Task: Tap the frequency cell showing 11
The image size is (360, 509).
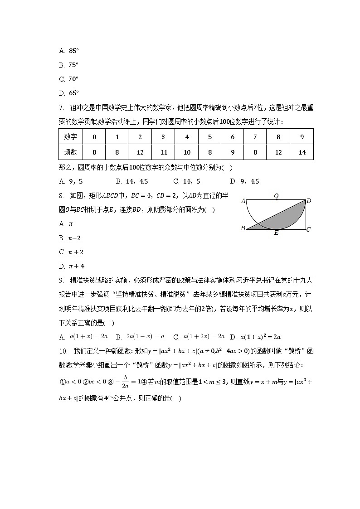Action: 163,152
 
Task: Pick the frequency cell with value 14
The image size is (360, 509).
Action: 302,152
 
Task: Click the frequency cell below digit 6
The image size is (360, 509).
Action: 233,152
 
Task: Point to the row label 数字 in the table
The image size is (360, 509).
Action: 70,137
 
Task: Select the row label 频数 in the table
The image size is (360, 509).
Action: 70,152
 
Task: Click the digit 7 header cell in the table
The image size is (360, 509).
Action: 255,137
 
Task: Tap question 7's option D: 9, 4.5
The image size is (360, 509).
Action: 245,181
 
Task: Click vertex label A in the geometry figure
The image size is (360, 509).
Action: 243,201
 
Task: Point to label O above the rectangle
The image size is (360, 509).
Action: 276,197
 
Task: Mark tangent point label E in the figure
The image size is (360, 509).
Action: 276,233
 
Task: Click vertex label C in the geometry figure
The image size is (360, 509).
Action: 308,230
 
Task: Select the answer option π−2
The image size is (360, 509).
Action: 74,238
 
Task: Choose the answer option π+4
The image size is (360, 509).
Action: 76,266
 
